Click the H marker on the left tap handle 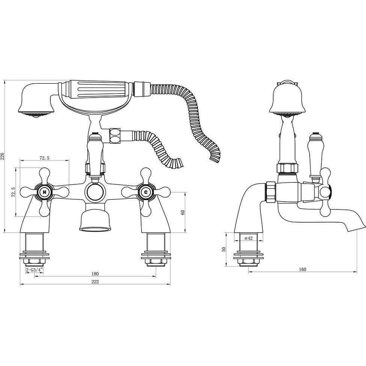pos(45,192)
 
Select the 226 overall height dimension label pos(3,156)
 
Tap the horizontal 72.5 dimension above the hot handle pos(45,158)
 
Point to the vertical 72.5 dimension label pos(14,192)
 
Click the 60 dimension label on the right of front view pos(183,212)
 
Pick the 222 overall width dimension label pos(95,282)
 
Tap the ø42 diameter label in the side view pos(248,238)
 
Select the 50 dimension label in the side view pos(224,249)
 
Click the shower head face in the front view pos(36,113)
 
